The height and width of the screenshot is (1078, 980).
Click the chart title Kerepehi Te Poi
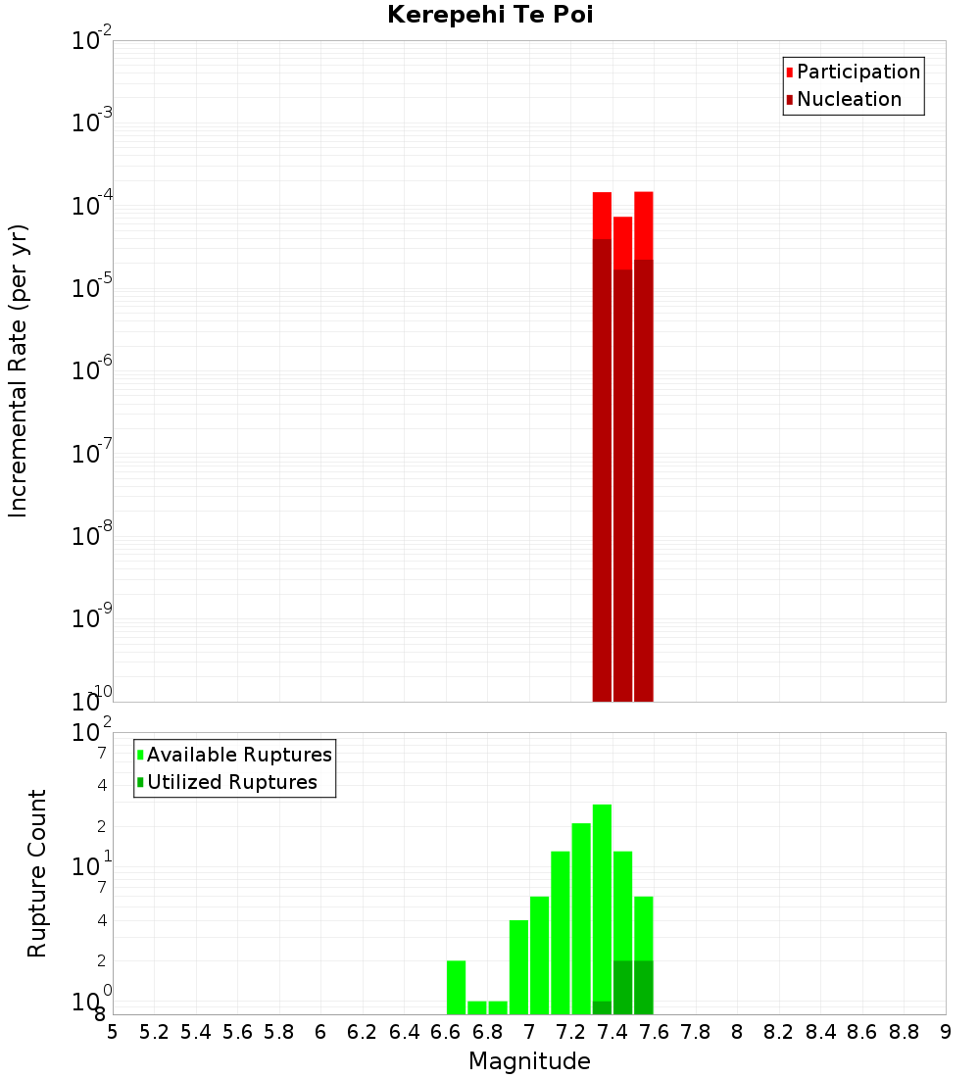coord(490,15)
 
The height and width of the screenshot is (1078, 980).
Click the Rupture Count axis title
coord(37,872)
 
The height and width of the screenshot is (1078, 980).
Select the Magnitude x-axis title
coord(529,1061)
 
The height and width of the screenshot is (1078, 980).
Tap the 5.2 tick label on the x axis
coord(154,1032)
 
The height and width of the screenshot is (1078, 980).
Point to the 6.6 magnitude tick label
coord(446,1032)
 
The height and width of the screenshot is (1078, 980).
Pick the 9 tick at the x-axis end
coord(946,1032)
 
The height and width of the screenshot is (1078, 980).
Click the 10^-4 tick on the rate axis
coord(92,206)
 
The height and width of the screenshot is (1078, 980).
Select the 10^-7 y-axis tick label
coord(92,454)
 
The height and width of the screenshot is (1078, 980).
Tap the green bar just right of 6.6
coord(456,987)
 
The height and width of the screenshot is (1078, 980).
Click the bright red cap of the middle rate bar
coord(622,243)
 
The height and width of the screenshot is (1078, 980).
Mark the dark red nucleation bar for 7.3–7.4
coord(602,470)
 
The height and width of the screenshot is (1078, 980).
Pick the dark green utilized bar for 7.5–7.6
coord(643,987)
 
